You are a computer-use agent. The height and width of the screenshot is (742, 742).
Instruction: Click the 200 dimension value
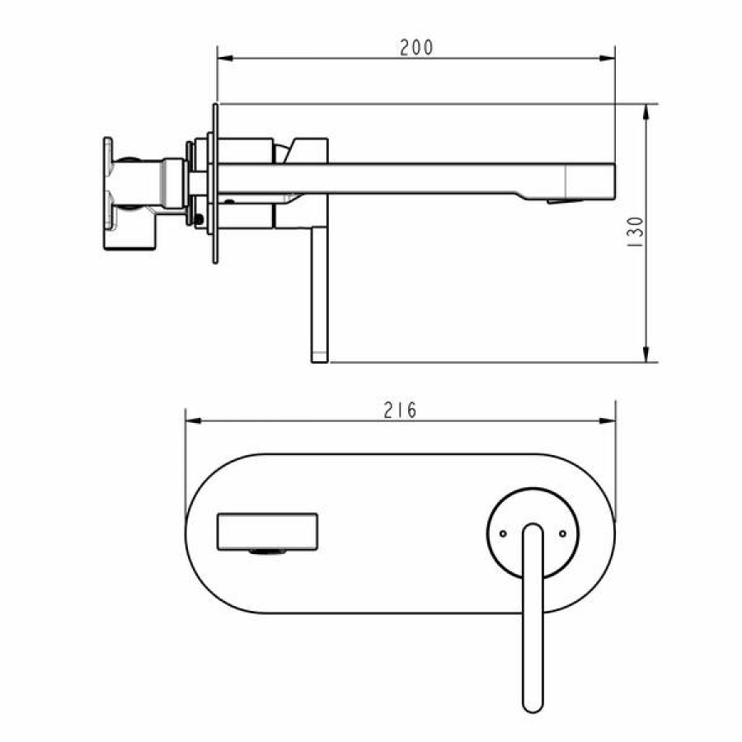click(x=416, y=48)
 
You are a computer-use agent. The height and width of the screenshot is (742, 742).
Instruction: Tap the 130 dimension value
click(x=635, y=232)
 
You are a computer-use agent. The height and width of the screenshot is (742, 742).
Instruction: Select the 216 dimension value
click(x=400, y=411)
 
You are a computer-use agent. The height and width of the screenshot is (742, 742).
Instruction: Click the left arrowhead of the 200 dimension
click(x=225, y=59)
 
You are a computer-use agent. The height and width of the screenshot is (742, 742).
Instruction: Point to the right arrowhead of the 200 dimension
click(x=607, y=59)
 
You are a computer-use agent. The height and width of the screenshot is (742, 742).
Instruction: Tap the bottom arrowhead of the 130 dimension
click(x=646, y=354)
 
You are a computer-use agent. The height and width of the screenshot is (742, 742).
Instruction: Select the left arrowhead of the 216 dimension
click(x=194, y=420)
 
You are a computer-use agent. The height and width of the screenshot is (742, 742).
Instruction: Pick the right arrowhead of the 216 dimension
click(x=607, y=420)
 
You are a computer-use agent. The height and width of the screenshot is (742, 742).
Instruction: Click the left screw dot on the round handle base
click(x=503, y=533)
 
